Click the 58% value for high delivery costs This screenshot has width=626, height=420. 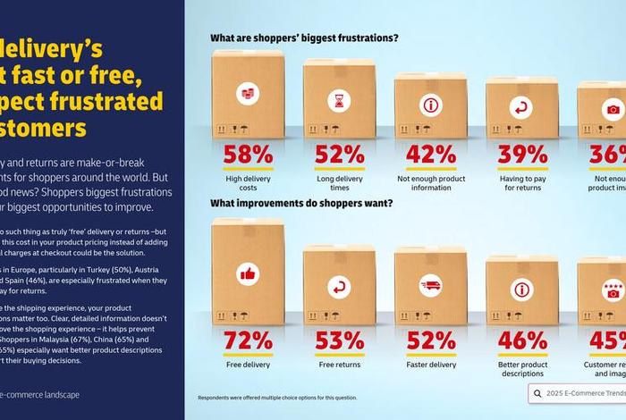pyautogui.click(x=248, y=154)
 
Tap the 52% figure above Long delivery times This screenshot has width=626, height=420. pyautogui.click(x=339, y=154)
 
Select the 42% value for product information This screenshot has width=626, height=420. pyautogui.click(x=431, y=154)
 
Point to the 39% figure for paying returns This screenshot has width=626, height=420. pyautogui.click(x=522, y=154)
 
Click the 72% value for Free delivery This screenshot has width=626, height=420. pyautogui.click(x=248, y=340)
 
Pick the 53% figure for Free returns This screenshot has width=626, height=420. pyautogui.click(x=339, y=340)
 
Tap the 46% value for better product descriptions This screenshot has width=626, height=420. pyautogui.click(x=522, y=340)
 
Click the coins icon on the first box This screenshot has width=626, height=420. pyautogui.click(x=248, y=94)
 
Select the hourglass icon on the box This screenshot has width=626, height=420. pyautogui.click(x=339, y=102)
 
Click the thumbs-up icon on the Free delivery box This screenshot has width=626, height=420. pyautogui.click(x=248, y=273)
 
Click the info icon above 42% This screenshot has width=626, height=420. pyautogui.click(x=431, y=105)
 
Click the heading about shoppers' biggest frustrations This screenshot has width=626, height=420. pyautogui.click(x=304, y=38)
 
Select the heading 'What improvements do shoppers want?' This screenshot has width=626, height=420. pyautogui.click(x=301, y=203)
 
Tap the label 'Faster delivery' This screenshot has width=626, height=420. pyautogui.click(x=431, y=365)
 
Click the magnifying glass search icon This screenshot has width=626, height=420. pyautogui.click(x=538, y=394)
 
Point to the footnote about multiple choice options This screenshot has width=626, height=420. pyautogui.click(x=277, y=398)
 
